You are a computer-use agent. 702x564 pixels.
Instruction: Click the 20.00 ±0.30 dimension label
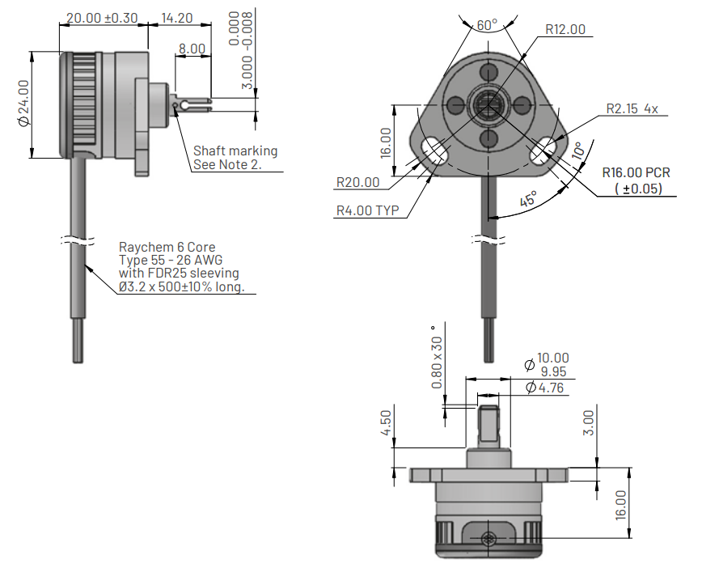tap(102, 18)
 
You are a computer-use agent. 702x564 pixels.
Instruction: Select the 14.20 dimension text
tap(177, 18)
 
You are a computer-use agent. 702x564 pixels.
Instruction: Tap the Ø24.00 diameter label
tap(23, 103)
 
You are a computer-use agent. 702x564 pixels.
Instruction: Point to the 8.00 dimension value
tap(192, 49)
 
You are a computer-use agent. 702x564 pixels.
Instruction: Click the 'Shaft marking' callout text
tap(235, 151)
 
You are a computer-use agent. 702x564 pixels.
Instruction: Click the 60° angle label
tap(487, 24)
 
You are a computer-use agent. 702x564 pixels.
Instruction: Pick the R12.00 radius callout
tap(565, 29)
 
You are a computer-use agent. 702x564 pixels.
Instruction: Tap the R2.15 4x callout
tap(632, 108)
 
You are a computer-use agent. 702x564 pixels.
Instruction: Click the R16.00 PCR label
tap(636, 172)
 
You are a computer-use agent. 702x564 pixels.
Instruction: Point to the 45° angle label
tap(528, 198)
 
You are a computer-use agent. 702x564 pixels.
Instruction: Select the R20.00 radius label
tap(357, 182)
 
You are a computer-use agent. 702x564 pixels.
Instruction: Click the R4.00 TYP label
tap(367, 210)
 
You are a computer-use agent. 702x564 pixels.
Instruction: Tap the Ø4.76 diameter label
tap(544, 388)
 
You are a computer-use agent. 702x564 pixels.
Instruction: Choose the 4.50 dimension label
tap(386, 423)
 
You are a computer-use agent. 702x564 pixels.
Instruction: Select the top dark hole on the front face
tap(488, 72)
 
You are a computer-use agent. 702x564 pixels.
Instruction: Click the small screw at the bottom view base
tap(488, 539)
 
